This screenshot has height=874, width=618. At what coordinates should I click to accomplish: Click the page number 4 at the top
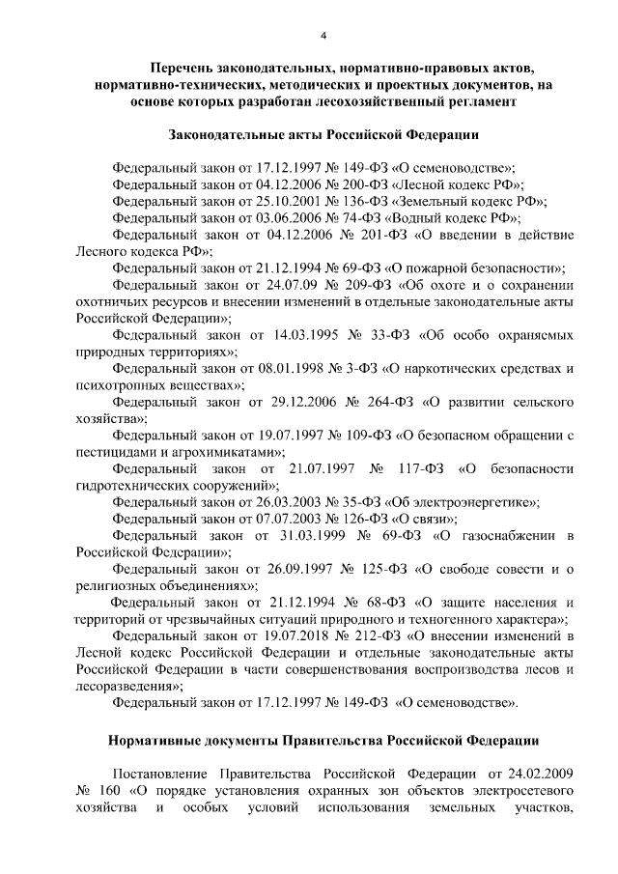pos(324,36)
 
